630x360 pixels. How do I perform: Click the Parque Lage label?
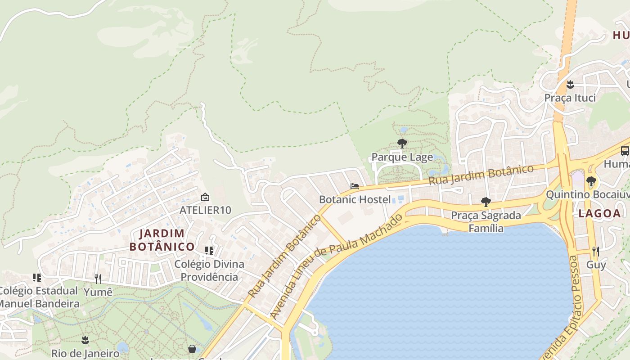pos(402,157)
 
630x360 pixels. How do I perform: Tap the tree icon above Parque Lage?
pos(402,144)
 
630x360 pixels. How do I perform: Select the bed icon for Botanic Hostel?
pos(355,186)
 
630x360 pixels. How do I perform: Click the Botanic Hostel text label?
pos(355,199)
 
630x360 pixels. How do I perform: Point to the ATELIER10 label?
pos(205,210)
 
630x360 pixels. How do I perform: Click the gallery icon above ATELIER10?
pos(205,197)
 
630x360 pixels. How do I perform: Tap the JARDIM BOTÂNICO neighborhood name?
pos(162,240)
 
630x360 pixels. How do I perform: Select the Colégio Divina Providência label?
pos(209,270)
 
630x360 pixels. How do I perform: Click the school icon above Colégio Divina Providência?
pos(209,250)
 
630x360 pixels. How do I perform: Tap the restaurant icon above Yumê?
pos(98,279)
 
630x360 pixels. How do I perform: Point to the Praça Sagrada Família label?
pos(486,222)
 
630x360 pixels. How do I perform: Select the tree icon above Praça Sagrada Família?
pos(486,202)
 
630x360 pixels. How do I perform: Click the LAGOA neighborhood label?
pos(599,214)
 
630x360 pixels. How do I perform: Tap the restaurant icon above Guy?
pos(596,252)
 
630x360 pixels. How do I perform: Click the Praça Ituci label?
pos(570,98)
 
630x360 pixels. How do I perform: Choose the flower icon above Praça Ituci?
pos(570,84)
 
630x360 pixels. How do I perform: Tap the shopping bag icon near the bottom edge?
pos(192,349)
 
